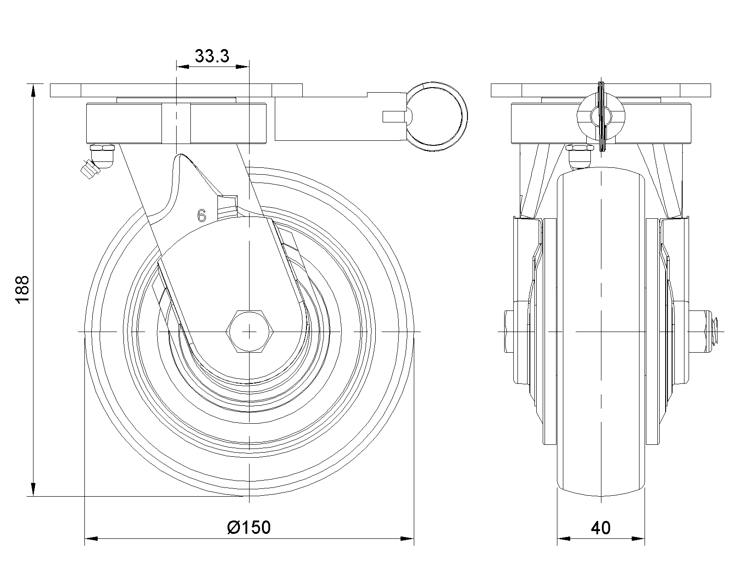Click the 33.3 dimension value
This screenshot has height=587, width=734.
pos(212,56)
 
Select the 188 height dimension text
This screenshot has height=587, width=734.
pos(23,289)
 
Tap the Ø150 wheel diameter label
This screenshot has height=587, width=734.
pos(249,527)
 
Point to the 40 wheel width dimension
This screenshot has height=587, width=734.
pos(601,528)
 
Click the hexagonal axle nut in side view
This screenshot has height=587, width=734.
pos(250,331)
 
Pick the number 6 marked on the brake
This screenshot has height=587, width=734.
pos(201,216)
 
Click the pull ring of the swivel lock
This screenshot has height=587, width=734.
pos(437,116)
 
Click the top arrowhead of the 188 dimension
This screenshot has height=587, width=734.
pos(33,91)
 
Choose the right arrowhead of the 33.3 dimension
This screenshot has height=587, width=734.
pos(242,66)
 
